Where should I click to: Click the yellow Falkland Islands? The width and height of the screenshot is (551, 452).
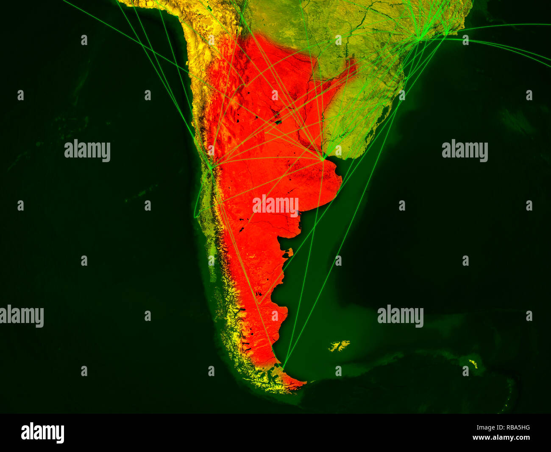click(x=339, y=346)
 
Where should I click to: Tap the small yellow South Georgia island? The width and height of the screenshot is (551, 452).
click(x=472, y=363)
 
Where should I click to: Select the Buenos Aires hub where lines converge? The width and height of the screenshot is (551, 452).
click(x=323, y=160)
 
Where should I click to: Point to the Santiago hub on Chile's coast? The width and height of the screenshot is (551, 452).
click(x=211, y=168)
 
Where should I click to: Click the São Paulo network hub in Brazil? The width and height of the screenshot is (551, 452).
click(x=419, y=39)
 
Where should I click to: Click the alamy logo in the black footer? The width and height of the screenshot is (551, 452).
click(x=42, y=432)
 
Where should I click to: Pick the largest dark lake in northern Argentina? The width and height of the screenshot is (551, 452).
click(x=278, y=122)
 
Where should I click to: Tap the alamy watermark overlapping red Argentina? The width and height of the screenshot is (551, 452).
click(x=275, y=206)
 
